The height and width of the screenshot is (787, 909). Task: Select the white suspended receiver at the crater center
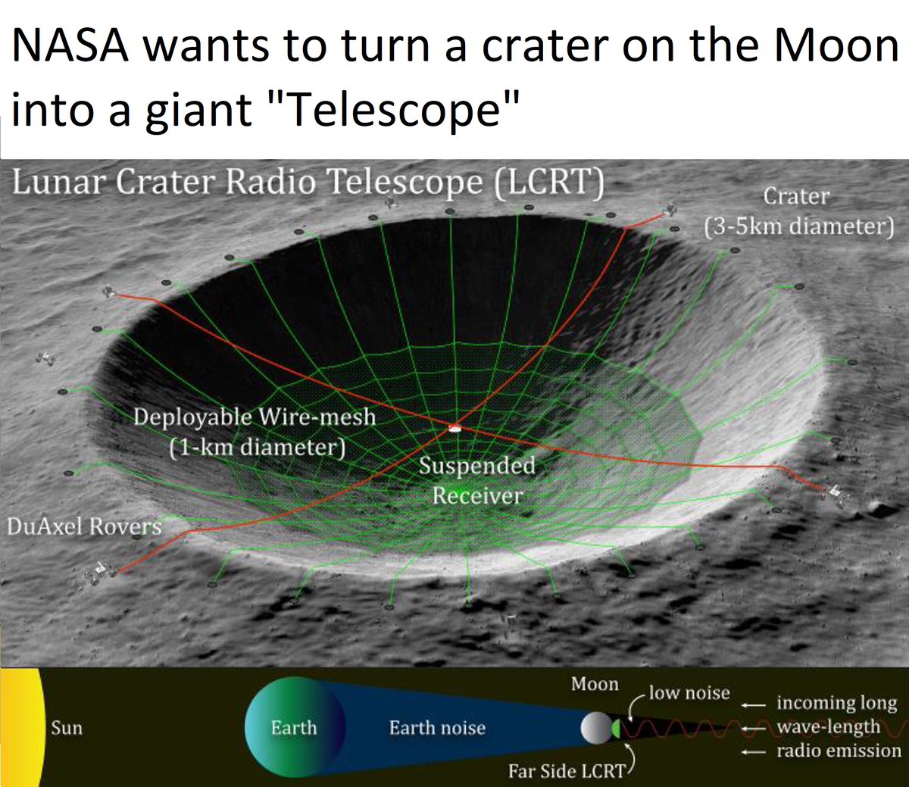coord(454,429)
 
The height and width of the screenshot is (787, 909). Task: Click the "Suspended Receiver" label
coord(477,480)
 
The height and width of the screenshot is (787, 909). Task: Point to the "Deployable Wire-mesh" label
coord(254,417)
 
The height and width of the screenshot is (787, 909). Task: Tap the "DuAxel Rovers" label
coord(83,526)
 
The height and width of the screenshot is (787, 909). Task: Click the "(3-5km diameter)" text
coord(798,226)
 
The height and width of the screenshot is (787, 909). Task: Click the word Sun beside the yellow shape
coord(67,728)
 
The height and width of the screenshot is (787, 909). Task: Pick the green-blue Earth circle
coord(294,727)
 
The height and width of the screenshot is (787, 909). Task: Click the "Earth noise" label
coord(437,728)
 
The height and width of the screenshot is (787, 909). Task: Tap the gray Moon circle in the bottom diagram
coord(595,727)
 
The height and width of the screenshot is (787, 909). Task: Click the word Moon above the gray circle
coord(595,684)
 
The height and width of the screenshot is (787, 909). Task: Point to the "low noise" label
coord(689,692)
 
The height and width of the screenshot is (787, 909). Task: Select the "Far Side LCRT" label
coord(567,771)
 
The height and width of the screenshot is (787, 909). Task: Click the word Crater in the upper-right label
coord(796,196)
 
